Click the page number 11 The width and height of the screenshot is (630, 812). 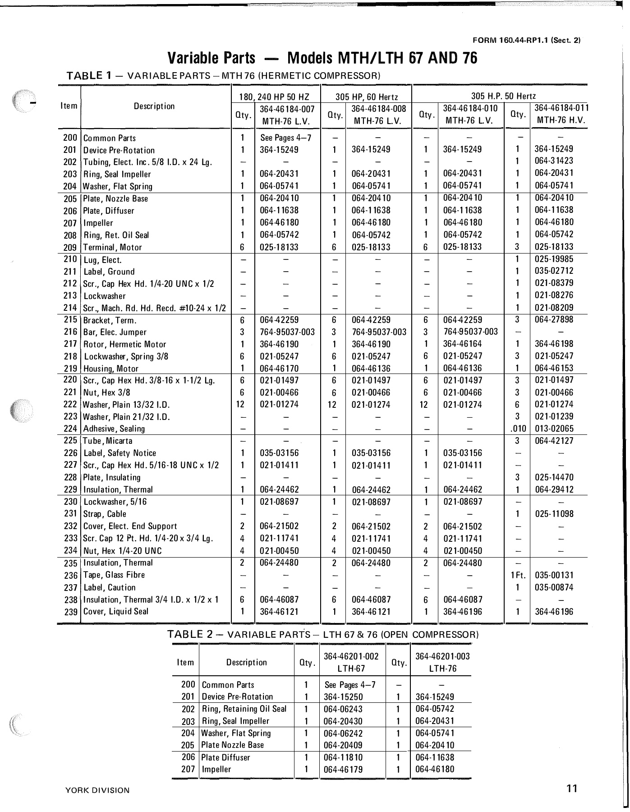click(572, 789)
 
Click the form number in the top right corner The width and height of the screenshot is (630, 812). click(533, 39)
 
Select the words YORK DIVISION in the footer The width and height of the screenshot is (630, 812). click(97, 790)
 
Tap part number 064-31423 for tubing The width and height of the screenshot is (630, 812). click(554, 161)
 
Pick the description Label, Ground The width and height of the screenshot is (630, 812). click(109, 272)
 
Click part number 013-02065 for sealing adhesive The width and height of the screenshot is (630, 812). click(554, 429)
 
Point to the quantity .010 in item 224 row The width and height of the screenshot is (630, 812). click(517, 429)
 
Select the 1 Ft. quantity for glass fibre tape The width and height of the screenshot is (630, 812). click(517, 575)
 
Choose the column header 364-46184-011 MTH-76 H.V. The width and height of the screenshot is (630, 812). click(561, 115)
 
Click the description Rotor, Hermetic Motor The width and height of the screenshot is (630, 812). click(125, 345)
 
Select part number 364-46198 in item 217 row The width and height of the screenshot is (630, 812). click(554, 344)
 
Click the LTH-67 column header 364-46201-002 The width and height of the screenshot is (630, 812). click(351, 656)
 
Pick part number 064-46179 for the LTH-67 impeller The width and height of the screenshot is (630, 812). click(343, 770)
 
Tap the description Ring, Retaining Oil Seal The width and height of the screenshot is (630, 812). click(244, 709)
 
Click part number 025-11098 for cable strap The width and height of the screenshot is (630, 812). click(554, 514)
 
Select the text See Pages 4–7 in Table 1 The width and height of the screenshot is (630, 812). click(286, 138)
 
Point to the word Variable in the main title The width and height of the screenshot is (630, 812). click(211, 59)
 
